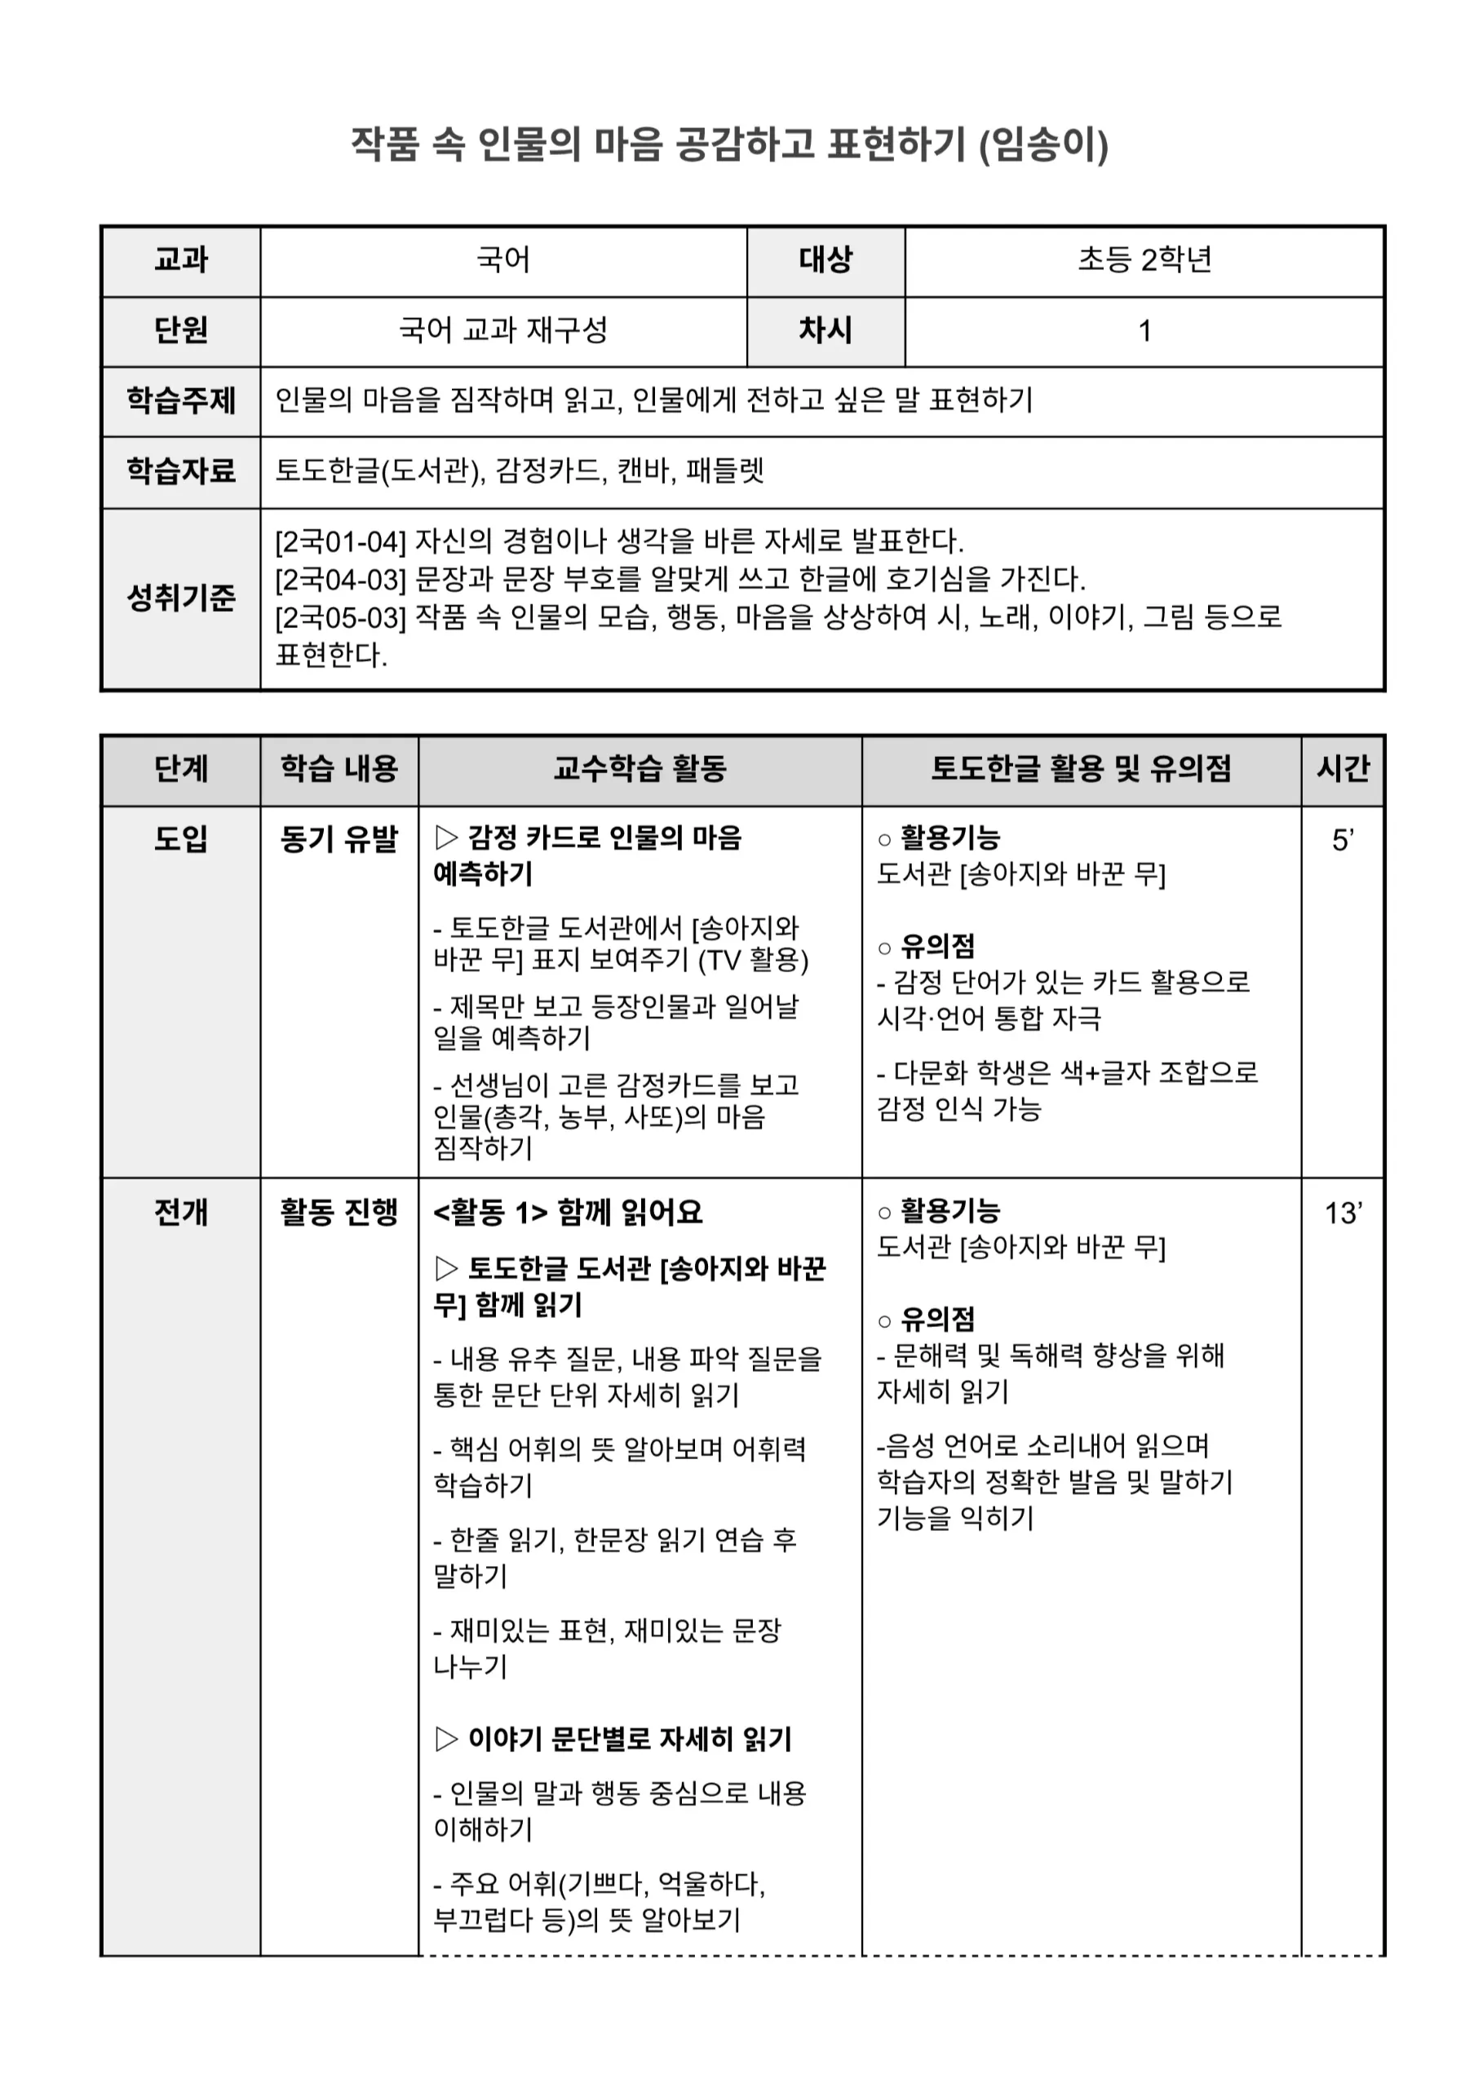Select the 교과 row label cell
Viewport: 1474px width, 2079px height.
point(180,260)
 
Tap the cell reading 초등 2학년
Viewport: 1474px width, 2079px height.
point(1144,260)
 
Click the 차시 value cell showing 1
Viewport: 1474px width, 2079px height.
point(1144,331)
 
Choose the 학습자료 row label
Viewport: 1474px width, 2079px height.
point(180,471)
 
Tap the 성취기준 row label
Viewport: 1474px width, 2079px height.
point(180,598)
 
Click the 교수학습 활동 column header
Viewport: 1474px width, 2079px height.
point(640,769)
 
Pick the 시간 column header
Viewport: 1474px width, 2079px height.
point(1343,769)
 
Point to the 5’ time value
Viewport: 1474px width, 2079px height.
point(1343,840)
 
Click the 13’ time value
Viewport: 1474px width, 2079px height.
point(1343,1214)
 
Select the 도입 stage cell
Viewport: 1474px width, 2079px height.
point(180,838)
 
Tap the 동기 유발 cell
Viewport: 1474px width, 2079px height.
point(339,838)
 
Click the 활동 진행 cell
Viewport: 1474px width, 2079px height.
point(339,1212)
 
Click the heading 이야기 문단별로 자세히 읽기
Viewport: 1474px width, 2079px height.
point(629,1739)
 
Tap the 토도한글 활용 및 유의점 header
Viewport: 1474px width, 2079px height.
point(1081,769)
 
